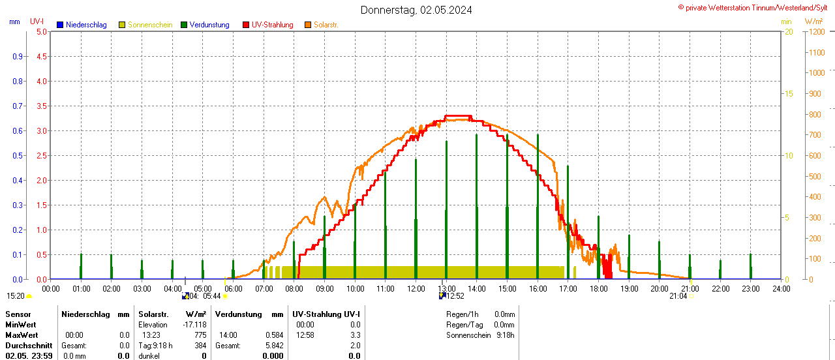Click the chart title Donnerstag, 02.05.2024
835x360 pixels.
[x=416, y=10]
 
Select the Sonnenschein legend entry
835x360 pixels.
[x=150, y=25]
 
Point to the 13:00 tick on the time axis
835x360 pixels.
[x=446, y=288]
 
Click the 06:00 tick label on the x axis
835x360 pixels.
[x=233, y=288]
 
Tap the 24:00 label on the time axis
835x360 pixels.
[x=780, y=288]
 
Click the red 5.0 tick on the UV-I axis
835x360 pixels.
[x=41, y=31]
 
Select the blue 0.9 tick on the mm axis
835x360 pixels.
[x=18, y=56]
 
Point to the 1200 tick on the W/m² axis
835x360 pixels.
[x=815, y=31]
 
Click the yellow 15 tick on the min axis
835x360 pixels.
[x=788, y=94]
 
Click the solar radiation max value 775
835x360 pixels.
[x=200, y=335]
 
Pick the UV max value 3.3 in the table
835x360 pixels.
[x=355, y=335]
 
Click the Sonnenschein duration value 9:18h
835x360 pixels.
[x=505, y=335]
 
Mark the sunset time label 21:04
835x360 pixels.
[x=678, y=296]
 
